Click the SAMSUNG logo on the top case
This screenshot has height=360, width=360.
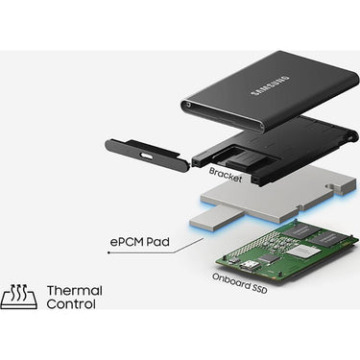tap(271, 85)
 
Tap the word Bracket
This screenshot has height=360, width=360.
tap(226, 175)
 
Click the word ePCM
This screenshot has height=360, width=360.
tap(127, 241)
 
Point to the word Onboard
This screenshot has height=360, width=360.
tap(230, 280)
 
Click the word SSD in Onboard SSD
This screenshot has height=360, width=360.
tap(259, 289)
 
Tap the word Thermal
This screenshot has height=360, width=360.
tap(75, 291)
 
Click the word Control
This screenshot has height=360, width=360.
tap(71, 303)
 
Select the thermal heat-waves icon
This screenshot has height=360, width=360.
tap(19, 297)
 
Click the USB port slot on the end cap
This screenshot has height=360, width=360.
tap(146, 156)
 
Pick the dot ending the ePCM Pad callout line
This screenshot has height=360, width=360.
tap(108, 252)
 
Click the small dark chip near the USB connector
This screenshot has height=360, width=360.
tap(267, 258)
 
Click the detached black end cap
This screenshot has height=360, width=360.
tap(148, 152)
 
